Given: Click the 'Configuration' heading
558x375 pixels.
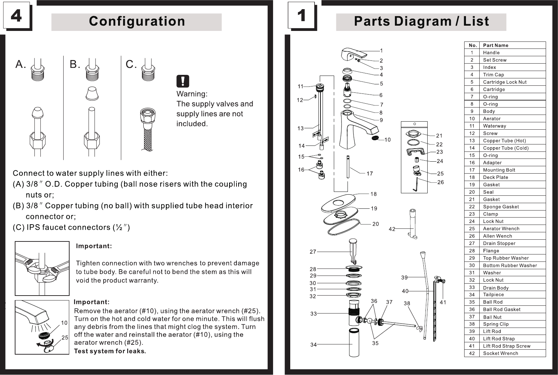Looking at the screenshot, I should click(x=137, y=21).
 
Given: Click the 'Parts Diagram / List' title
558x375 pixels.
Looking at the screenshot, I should click(x=421, y=21).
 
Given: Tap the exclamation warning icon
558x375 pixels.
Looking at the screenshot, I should click(x=183, y=81).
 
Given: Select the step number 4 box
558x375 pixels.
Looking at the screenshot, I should click(x=17, y=15).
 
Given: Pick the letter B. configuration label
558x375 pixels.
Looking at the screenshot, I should click(x=75, y=64).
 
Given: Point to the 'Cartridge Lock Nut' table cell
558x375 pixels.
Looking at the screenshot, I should click(x=505, y=82).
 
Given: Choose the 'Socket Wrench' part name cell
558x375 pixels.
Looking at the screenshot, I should click(x=500, y=353).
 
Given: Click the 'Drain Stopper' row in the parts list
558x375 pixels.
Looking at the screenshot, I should click(x=499, y=243).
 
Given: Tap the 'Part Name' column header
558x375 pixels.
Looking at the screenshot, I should click(x=495, y=45).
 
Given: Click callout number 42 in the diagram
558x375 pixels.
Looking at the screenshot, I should click(x=392, y=229).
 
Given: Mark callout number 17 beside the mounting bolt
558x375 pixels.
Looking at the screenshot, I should click(x=370, y=174).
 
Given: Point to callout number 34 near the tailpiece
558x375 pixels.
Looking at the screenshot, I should click(x=313, y=345).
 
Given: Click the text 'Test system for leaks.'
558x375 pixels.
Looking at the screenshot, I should click(x=110, y=351).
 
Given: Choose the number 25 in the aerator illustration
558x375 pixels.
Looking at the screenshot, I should click(x=65, y=337).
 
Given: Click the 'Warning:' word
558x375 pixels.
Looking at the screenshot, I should click(x=192, y=94).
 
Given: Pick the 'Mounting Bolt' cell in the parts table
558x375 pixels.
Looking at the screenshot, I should click(x=499, y=170).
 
